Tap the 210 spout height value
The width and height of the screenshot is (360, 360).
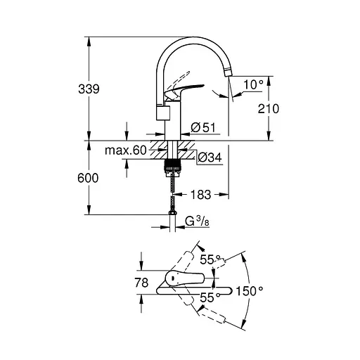click(269, 108)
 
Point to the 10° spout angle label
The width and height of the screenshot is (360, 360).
click(252, 85)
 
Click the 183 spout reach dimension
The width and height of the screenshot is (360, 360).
click(200, 192)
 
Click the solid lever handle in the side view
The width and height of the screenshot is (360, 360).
click(186, 90)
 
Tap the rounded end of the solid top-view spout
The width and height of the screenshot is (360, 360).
click(229, 289)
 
